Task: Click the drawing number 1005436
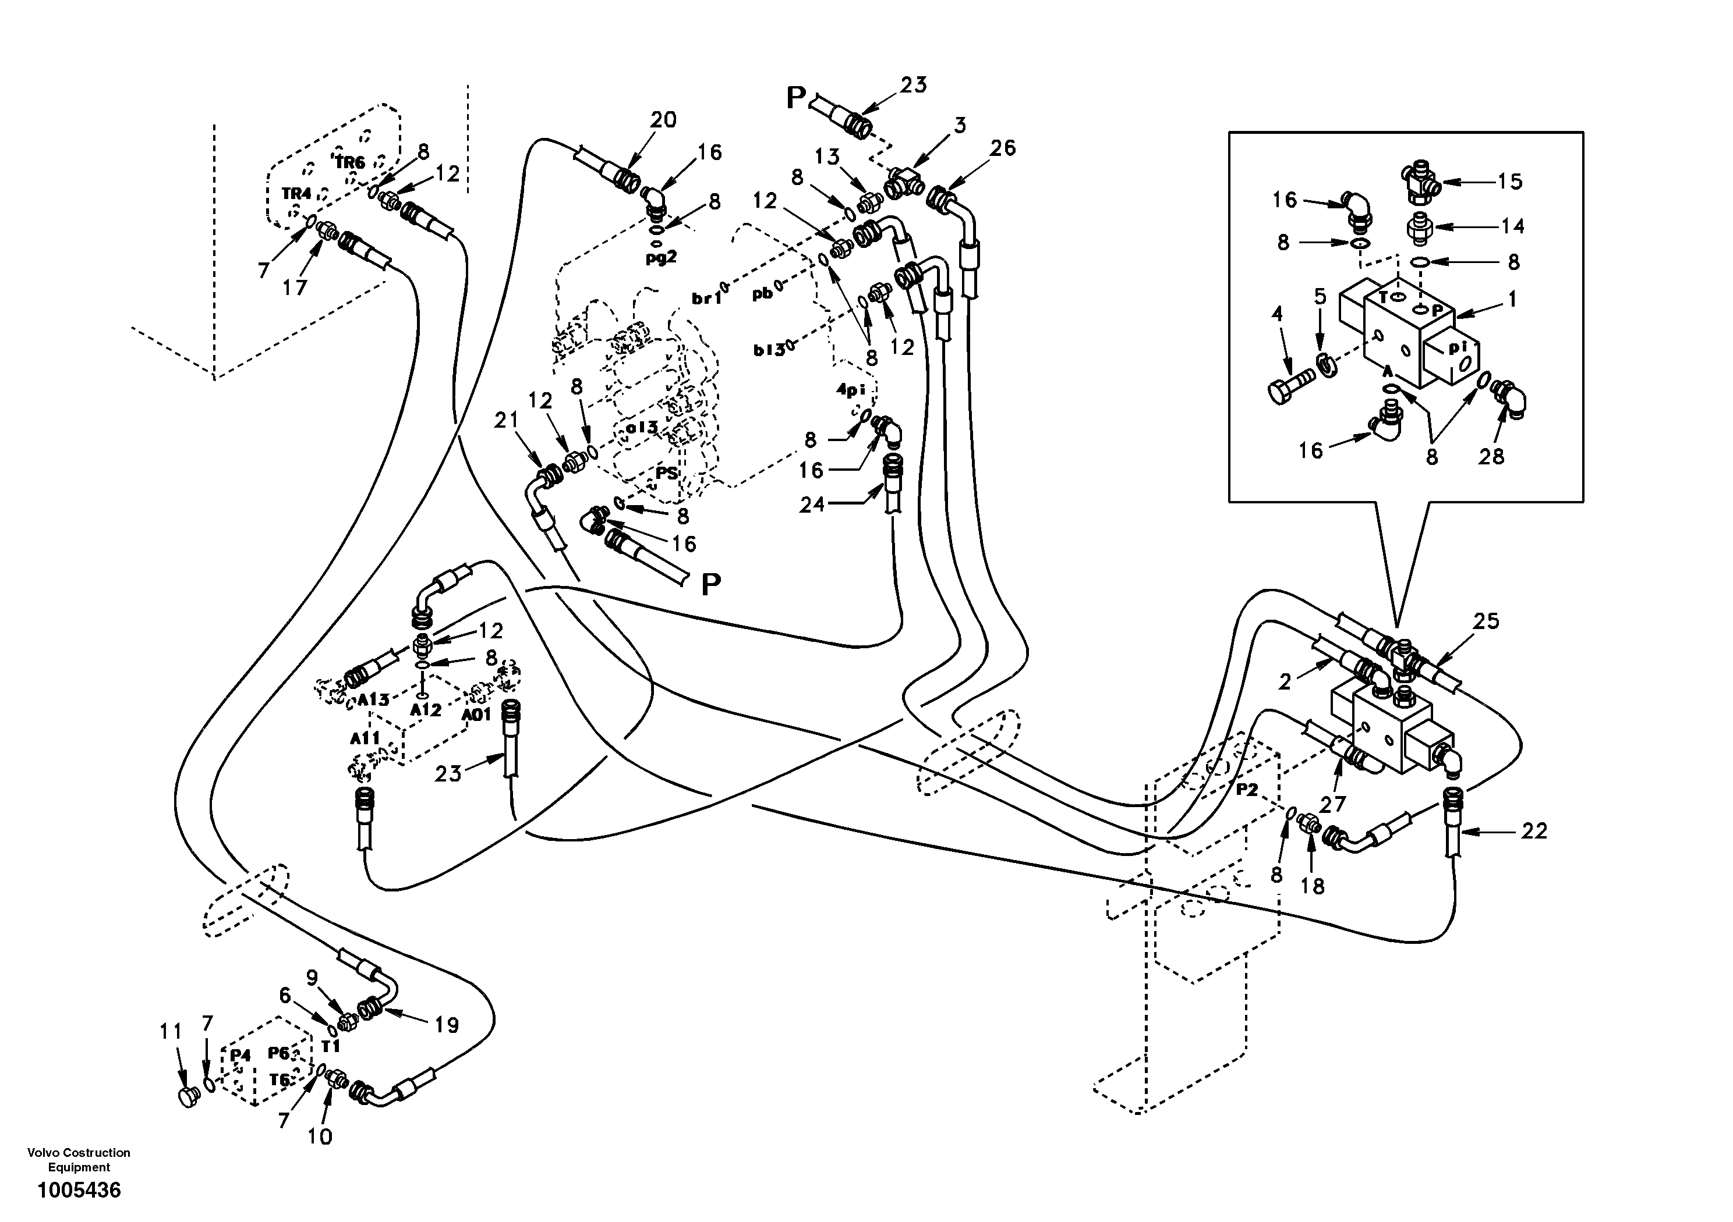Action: pos(79,1191)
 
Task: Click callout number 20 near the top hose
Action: pos(663,119)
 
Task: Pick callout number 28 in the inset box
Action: pos(1491,456)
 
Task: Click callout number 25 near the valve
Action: pos(1486,621)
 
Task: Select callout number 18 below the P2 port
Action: pos(1313,886)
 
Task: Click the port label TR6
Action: pos(349,163)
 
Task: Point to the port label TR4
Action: pos(296,194)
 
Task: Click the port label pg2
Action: pos(660,257)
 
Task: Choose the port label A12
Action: pos(426,709)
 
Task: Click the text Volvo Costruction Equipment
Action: pos(79,1159)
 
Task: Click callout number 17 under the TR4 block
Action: pos(295,287)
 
